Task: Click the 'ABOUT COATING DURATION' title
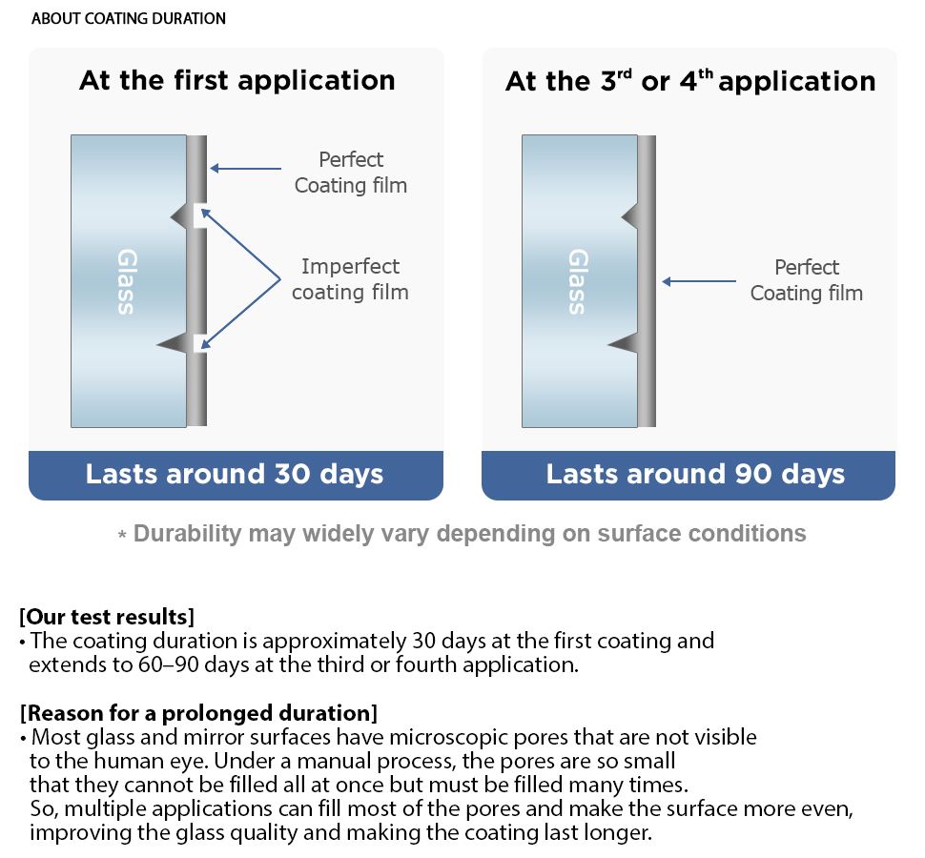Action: [x=129, y=19]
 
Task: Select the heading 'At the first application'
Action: [x=236, y=80]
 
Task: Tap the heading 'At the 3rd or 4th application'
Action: [x=689, y=81]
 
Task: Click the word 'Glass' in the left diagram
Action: [x=127, y=281]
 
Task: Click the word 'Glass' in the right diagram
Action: [x=578, y=281]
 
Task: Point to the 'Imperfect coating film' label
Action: [x=350, y=279]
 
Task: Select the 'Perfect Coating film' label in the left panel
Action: [x=351, y=173]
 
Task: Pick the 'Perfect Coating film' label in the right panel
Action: [x=806, y=280]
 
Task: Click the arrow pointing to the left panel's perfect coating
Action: [x=245, y=169]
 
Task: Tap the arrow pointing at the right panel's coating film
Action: [x=699, y=281]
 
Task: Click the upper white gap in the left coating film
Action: [x=200, y=216]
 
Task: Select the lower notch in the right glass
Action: [x=625, y=343]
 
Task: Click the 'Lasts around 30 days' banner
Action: [x=236, y=474]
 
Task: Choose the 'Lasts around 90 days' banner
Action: [x=689, y=474]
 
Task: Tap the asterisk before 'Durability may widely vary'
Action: [x=122, y=537]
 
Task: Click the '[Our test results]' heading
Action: [x=107, y=616]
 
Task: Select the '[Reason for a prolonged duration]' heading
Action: [x=198, y=712]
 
